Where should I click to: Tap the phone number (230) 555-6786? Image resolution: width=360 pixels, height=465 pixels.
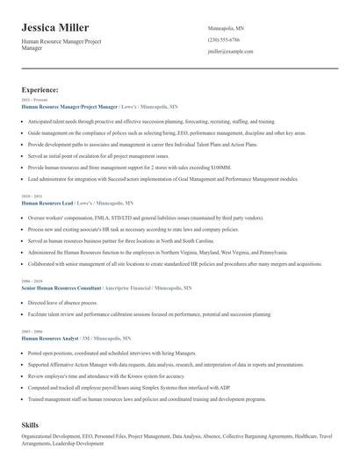click(223, 39)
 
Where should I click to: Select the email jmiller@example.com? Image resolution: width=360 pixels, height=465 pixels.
click(230, 52)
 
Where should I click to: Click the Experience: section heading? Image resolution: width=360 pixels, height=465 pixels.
click(40, 89)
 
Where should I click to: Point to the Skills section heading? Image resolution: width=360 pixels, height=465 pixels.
click(31, 424)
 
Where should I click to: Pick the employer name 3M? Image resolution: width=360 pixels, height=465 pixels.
click(86, 338)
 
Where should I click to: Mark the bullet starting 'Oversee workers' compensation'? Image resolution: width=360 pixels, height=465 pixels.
click(145, 215)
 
